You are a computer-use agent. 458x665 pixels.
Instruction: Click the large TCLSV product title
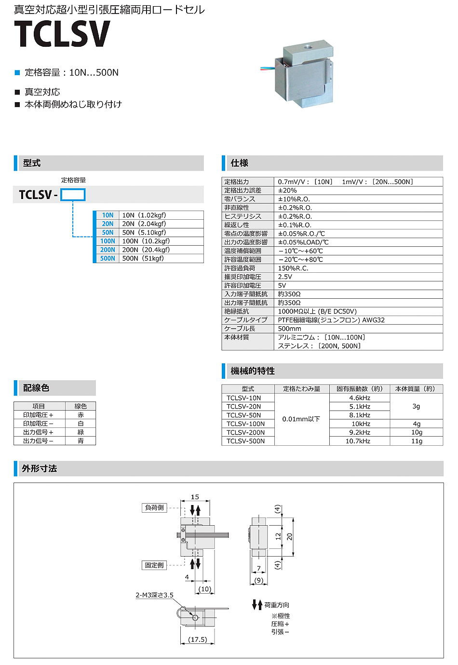[62, 34]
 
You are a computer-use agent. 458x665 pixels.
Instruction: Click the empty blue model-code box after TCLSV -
[73, 195]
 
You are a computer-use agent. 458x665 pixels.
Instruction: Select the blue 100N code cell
[108, 241]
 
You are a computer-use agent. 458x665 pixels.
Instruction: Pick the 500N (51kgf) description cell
[143, 258]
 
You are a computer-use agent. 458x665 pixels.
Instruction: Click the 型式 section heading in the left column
[32, 163]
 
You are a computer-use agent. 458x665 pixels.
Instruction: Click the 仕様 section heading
[240, 163]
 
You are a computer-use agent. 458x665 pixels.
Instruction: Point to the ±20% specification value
[287, 190]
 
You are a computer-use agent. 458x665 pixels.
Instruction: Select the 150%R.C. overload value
[293, 268]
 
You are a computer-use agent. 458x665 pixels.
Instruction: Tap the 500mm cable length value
[290, 329]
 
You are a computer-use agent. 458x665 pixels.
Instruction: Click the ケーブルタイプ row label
[245, 320]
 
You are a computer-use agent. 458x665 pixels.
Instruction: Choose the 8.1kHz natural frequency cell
[360, 415]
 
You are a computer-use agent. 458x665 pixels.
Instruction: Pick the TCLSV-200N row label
[245, 432]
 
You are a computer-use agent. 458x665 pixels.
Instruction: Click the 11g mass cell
[417, 441]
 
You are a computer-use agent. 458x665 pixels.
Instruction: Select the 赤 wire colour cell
[81, 414]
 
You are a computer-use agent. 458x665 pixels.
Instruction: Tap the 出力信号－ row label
[38, 440]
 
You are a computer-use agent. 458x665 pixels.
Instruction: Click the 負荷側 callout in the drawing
[155, 507]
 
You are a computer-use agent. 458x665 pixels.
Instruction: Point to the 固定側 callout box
[155, 565]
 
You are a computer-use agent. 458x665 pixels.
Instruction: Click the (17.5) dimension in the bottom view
[198, 639]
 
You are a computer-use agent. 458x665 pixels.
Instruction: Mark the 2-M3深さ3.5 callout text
[154, 595]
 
